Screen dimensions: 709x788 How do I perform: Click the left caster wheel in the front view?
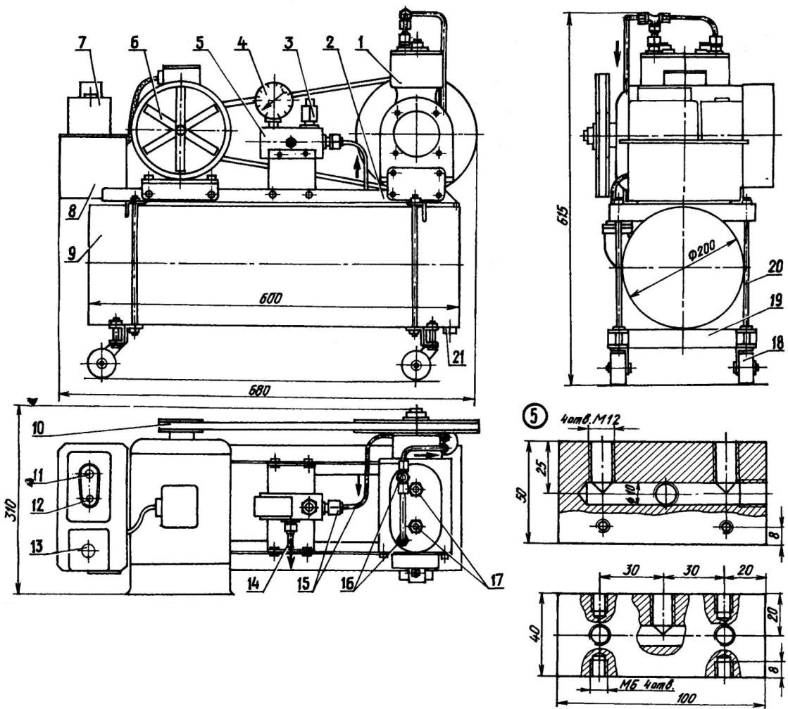(83, 364)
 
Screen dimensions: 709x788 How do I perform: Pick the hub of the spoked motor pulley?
(181, 132)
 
